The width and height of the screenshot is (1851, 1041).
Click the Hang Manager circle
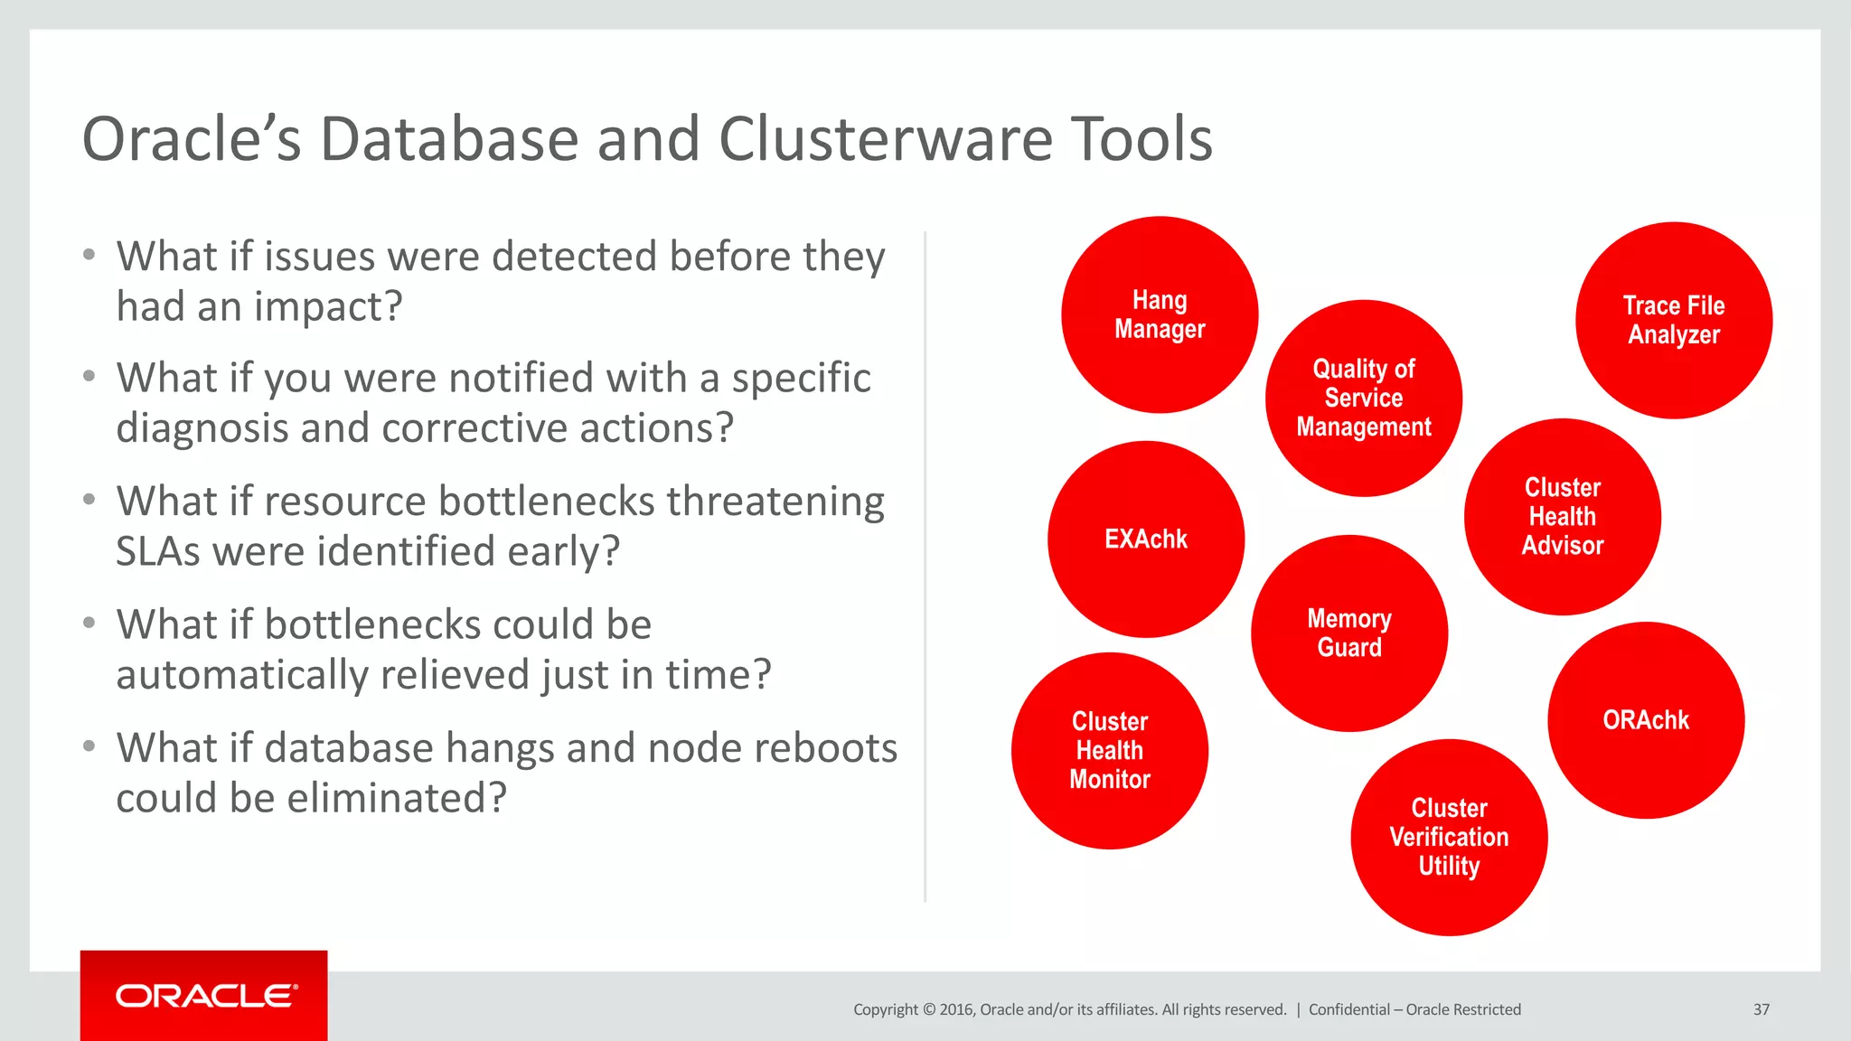[x=1160, y=314]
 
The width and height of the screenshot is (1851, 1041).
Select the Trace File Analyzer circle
[x=1674, y=320]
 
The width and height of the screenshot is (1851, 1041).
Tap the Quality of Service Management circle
[x=1364, y=399]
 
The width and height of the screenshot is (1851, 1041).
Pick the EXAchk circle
[x=1146, y=539]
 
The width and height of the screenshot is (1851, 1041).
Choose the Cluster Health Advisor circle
[x=1563, y=517]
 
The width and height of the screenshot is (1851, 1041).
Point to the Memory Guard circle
[x=1349, y=633]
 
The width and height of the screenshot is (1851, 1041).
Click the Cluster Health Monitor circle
[x=1110, y=751]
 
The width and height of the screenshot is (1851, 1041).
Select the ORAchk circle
[x=1646, y=720]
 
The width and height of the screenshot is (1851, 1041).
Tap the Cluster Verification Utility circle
[x=1449, y=838]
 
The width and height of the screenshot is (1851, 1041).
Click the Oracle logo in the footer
[x=204, y=996]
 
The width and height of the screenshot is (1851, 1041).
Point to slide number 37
[x=1762, y=1009]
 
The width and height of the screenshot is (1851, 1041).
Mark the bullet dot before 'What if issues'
[x=89, y=255]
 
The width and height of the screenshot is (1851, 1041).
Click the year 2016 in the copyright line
[x=955, y=1009]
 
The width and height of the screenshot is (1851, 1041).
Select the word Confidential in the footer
[x=1348, y=1009]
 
